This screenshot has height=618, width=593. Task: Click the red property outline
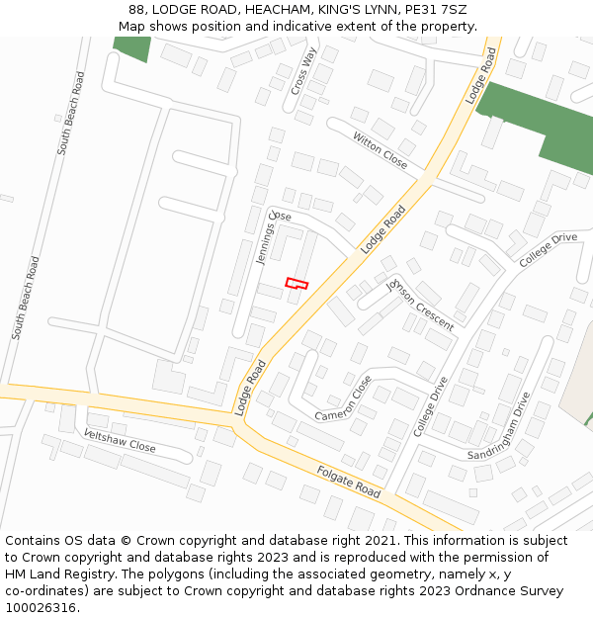coord(296,284)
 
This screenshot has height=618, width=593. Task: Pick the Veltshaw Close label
coord(120,441)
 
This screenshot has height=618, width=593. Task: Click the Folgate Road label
coord(349,481)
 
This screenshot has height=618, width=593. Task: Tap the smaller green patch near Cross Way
coord(132,47)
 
